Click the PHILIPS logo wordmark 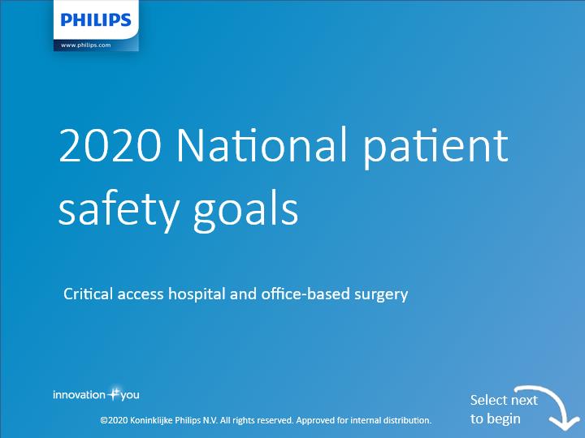click(x=96, y=19)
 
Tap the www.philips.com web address click(x=86, y=45)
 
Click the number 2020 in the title click(x=110, y=144)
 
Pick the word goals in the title click(x=246, y=211)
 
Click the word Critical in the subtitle click(x=88, y=294)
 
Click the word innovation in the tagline click(x=80, y=395)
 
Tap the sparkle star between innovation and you click(x=113, y=393)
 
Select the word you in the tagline click(x=130, y=396)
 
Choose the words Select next click(x=504, y=401)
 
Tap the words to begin click(x=495, y=419)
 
